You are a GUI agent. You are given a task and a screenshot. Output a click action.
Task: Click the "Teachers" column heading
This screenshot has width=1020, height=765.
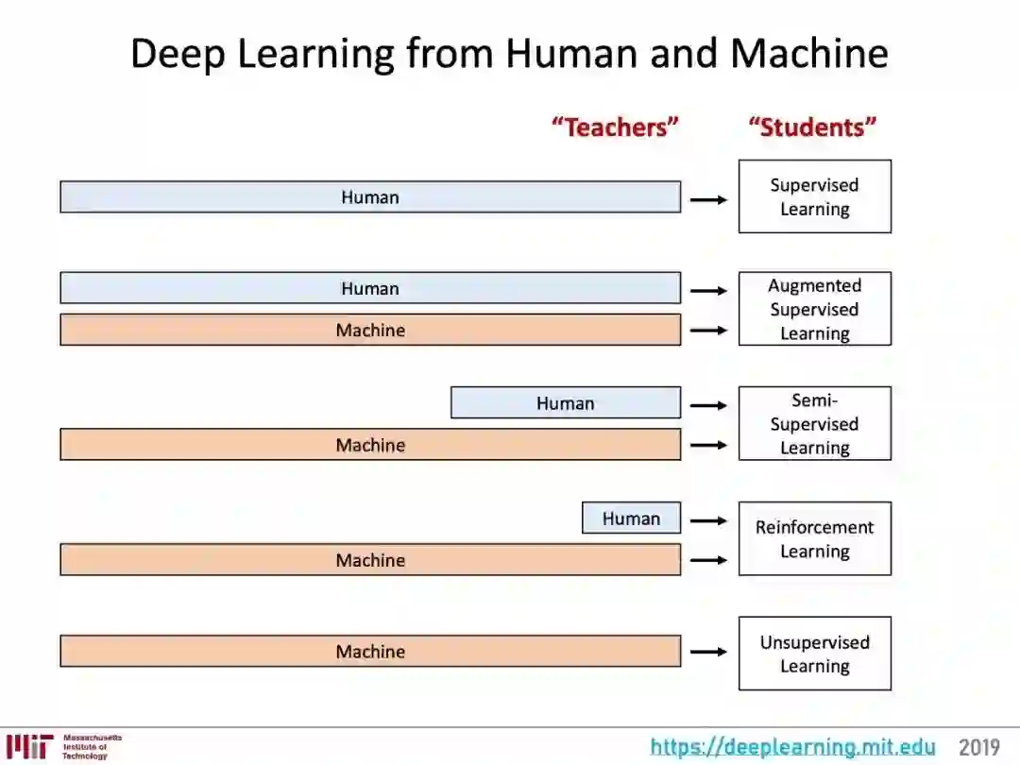[x=615, y=127]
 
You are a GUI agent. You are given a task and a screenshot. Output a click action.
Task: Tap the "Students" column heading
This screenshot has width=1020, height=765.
[x=813, y=127]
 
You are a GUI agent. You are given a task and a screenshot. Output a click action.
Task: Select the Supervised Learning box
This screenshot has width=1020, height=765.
[x=814, y=196]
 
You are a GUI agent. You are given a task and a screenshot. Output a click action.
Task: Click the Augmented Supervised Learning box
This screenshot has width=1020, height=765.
[x=814, y=309]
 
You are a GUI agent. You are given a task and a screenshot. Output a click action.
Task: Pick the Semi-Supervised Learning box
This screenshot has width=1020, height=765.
[x=814, y=423]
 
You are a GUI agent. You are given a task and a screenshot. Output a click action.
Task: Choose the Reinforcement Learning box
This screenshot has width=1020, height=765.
[x=814, y=538]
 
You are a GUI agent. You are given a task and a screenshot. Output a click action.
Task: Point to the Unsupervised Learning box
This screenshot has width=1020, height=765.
[x=814, y=654]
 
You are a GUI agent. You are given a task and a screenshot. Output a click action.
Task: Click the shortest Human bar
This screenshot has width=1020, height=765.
[x=631, y=518]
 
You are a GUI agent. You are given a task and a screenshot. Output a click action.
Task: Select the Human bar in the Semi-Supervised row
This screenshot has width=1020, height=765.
[x=565, y=402]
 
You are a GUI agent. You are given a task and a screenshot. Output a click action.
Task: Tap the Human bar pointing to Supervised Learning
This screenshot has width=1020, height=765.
[x=369, y=196]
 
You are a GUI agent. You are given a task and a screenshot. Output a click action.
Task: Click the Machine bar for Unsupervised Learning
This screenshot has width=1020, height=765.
[x=369, y=651]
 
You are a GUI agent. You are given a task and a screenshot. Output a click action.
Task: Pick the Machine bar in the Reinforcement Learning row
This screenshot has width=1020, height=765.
[x=369, y=559]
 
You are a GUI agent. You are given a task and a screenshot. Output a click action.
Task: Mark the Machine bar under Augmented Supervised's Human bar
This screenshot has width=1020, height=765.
[x=369, y=330]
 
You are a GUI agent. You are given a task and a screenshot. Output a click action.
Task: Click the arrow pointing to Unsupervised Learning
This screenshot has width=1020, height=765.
[x=708, y=651]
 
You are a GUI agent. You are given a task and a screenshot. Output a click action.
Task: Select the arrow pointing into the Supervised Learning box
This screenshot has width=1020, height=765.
[x=708, y=199]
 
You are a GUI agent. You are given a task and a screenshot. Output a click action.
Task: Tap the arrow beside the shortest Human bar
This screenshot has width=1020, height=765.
[x=708, y=519]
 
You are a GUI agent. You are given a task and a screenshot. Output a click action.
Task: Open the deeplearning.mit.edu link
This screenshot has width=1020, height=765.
[x=792, y=747]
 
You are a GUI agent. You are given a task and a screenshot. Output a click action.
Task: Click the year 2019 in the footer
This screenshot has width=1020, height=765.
[x=979, y=747]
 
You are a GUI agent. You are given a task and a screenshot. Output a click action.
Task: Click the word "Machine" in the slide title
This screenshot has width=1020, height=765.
[x=808, y=54]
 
